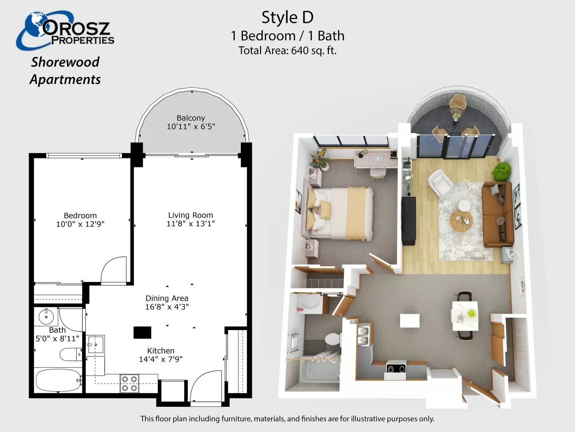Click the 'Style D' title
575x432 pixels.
287,18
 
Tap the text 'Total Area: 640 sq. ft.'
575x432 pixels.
287,50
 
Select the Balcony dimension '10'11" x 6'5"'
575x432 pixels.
191,127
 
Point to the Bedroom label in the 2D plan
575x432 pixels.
80,216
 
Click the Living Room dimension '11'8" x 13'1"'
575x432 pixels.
191,224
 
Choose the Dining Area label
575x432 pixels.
167,298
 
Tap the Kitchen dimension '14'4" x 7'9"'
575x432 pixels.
161,359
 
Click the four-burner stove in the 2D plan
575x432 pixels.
129,384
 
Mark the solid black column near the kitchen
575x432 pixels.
142,332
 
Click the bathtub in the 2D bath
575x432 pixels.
58,380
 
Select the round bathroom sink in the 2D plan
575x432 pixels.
46,317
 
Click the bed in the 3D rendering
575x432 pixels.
341,214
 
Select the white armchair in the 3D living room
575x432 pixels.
440,182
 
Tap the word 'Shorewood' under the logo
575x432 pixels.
65,62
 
